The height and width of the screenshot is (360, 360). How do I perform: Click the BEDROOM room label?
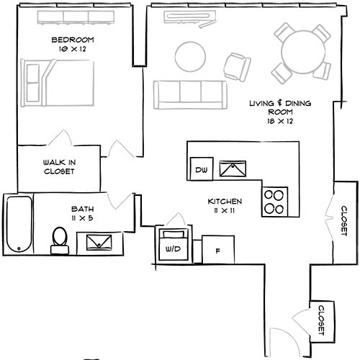tap(73, 40)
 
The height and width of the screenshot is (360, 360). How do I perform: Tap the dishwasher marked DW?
tap(202, 168)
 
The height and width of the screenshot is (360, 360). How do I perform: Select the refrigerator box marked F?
tap(218, 250)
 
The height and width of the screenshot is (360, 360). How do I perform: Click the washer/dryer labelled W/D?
tap(174, 245)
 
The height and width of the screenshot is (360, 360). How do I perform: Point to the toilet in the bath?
tap(60, 240)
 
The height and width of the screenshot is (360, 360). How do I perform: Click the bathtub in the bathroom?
tap(19, 224)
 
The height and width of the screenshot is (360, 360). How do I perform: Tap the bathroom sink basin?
tap(99, 243)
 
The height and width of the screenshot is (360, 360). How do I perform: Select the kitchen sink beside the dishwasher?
tap(233, 168)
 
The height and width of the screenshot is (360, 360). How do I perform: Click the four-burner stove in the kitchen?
tap(274, 202)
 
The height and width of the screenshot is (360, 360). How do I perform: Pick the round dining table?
tap(303, 52)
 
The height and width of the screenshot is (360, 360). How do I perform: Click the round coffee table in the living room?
tap(190, 57)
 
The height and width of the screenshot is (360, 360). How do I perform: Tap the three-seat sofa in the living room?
tap(190, 95)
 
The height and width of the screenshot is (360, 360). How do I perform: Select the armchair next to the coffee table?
tap(238, 67)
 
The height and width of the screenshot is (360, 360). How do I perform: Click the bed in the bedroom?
tap(57, 83)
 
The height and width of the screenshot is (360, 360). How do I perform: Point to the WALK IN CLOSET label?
tap(59, 167)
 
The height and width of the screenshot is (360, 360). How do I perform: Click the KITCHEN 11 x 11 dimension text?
tap(225, 206)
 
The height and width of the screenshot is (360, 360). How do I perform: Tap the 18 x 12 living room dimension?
tap(280, 121)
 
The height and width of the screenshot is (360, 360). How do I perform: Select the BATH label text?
tap(82, 209)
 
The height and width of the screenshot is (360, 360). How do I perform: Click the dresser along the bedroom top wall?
tap(76, 17)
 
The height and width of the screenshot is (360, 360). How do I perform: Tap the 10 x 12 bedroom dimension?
tap(73, 49)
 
